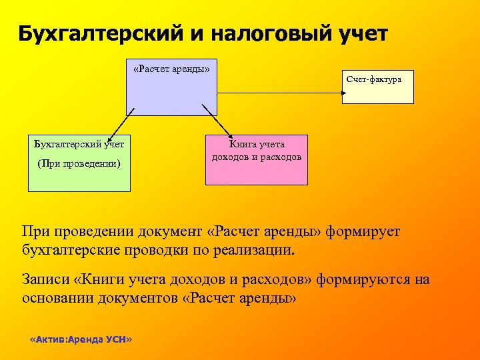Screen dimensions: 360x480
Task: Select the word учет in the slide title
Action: (x=359, y=33)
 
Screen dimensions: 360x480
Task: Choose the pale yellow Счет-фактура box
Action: (x=377, y=87)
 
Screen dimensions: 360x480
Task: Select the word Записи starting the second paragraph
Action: (x=46, y=279)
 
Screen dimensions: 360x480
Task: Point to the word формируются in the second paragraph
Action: (x=354, y=279)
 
